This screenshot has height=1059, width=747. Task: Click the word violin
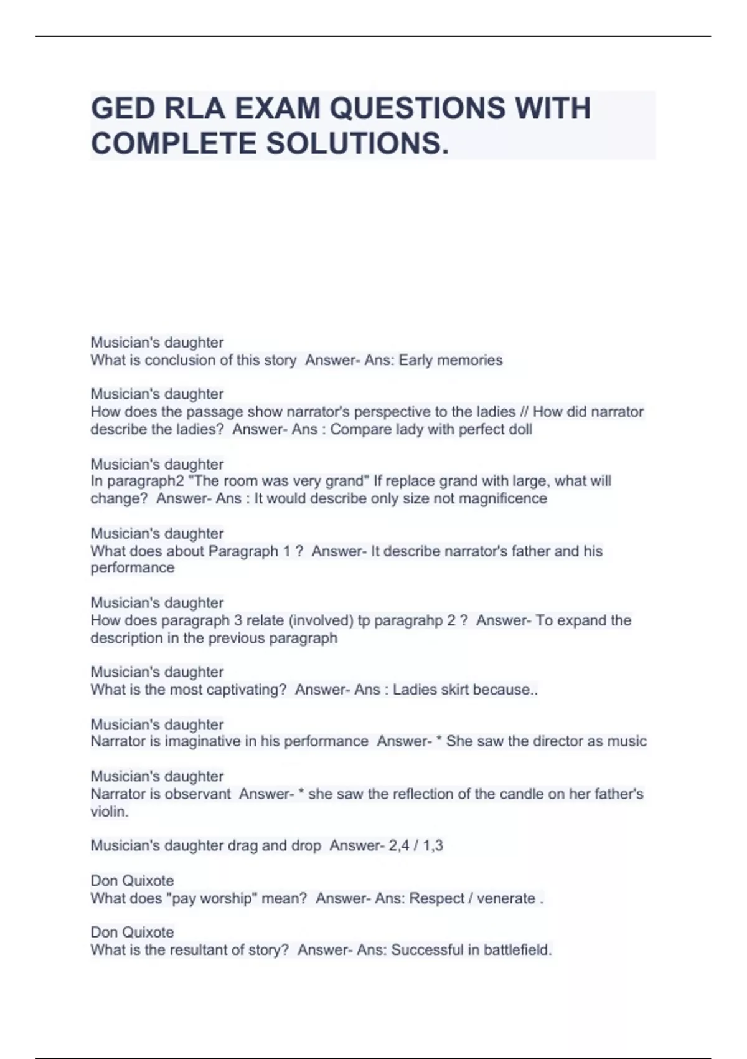tap(108, 812)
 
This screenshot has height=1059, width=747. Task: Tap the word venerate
tap(506, 898)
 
